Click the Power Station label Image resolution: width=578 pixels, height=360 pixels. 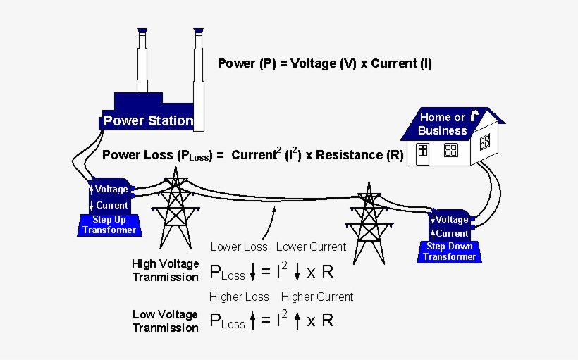pos(148,120)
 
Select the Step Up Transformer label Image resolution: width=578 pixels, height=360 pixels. pos(109,225)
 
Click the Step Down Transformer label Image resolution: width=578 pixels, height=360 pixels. pos(450,252)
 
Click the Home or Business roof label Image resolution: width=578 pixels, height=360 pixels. pos(442,124)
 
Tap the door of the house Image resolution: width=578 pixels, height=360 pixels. pos(422,154)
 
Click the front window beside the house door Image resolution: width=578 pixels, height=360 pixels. pos(450,150)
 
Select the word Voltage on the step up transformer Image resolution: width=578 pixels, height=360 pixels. pos(111,189)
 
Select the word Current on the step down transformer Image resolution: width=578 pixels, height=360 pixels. pos(452,233)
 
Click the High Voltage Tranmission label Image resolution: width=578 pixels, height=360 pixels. pos(166,271)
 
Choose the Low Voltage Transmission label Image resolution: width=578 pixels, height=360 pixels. pos(166,321)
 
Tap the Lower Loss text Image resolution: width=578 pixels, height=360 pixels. pos(239,247)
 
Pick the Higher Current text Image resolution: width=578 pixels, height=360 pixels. pos(317,297)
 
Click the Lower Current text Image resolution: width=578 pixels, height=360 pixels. pos(311,247)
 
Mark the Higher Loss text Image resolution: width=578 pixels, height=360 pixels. pos(239,297)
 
